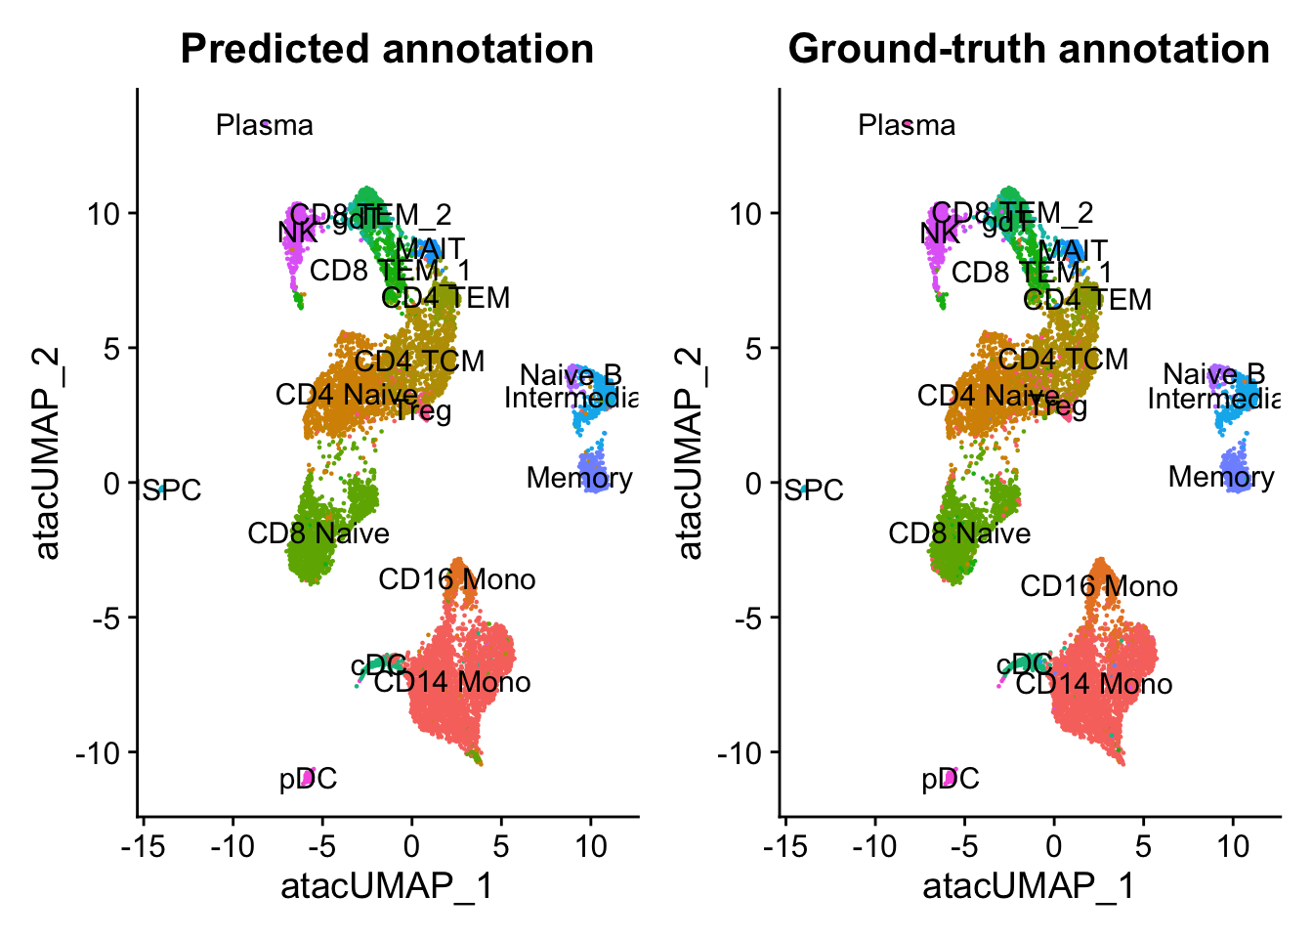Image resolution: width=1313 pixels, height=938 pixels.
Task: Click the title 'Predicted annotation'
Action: pos(387,49)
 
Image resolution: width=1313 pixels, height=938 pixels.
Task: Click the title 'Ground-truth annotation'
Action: pos(1029,49)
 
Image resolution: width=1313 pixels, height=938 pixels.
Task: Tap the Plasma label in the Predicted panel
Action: pos(265,125)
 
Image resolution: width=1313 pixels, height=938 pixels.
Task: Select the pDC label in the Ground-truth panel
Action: pos(951,779)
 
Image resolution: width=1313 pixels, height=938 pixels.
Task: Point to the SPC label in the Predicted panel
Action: pos(173,490)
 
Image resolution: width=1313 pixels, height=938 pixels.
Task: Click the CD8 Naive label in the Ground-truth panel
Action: pos(959,533)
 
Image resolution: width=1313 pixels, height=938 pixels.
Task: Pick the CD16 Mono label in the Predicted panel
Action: pos(457,579)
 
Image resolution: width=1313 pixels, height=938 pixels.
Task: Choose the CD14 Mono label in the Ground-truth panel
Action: pos(1094,684)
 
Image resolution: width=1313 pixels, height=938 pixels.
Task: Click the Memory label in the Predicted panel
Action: pos(579,478)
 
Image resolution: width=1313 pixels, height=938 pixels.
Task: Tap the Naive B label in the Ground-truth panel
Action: pos(1214,374)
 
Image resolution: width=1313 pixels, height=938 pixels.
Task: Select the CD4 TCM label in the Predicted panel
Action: pos(419,362)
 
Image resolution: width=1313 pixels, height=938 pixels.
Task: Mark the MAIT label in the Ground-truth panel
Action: pos(1073,251)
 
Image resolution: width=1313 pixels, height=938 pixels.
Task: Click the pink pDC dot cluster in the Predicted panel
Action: pos(307,778)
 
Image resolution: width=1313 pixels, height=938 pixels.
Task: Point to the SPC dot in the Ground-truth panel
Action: pos(802,490)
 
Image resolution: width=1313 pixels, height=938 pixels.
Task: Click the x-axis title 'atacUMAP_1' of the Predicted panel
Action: pos(387,886)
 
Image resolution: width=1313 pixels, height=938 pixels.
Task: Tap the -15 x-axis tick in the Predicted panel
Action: pos(143,845)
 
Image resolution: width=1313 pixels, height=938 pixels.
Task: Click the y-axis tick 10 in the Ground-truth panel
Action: pos(746,214)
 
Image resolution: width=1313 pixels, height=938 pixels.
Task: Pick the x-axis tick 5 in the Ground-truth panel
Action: pos(1143,845)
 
